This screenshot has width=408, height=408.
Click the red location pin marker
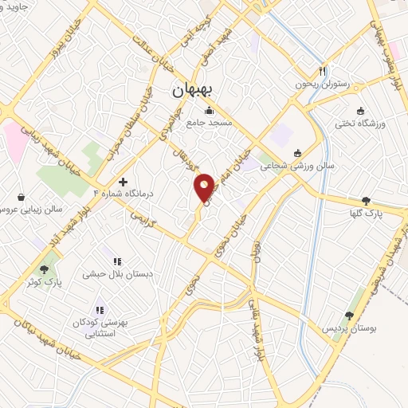point(205,188)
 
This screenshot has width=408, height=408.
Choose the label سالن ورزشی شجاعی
point(298,166)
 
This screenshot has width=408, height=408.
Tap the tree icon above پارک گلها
point(366,202)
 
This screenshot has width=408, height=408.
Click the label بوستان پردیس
point(347,328)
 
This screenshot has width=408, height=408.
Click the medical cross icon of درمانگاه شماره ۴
point(122,182)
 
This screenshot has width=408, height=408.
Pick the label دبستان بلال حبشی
point(117,273)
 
